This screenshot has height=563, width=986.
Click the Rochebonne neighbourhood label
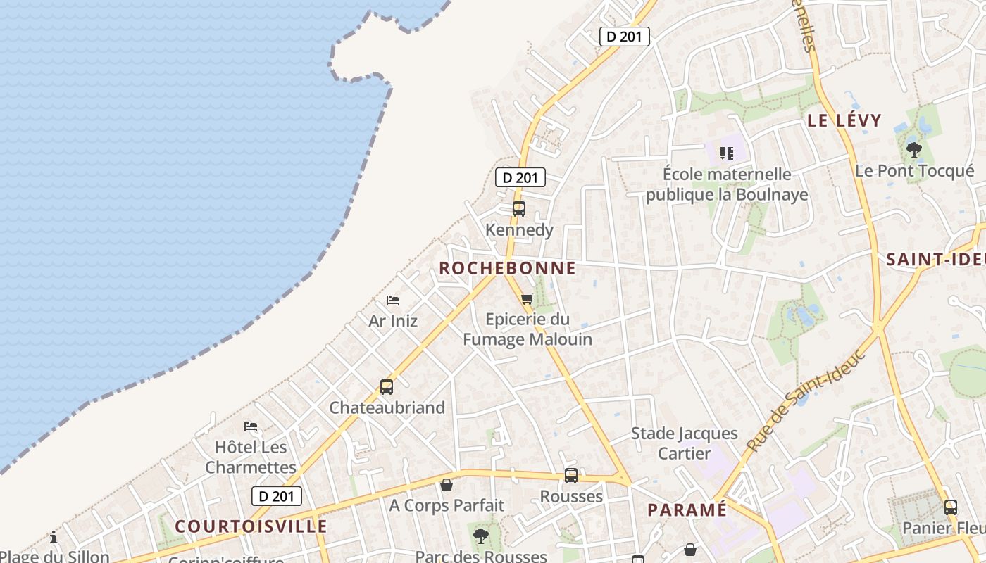click(507, 268)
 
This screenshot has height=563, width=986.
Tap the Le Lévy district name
click(844, 120)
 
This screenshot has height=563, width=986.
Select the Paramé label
click(687, 510)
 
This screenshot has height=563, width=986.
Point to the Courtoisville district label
click(251, 526)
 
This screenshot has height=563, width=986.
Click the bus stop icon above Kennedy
click(519, 209)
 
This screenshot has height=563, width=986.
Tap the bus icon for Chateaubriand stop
click(387, 387)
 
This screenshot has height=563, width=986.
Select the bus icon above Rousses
click(571, 476)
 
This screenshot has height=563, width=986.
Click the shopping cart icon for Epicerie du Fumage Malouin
click(527, 298)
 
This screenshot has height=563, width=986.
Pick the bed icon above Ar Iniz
click(393, 301)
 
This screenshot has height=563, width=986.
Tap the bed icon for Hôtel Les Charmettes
click(250, 426)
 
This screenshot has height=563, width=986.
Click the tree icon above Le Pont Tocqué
click(914, 149)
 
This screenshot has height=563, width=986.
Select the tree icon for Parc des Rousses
click(481, 536)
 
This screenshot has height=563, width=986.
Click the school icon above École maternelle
click(727, 153)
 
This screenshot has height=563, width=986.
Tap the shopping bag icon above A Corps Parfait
click(447, 485)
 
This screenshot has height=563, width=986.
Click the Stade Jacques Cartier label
click(684, 443)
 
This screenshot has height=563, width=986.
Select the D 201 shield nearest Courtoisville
click(277, 496)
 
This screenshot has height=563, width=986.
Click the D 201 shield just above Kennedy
click(520, 177)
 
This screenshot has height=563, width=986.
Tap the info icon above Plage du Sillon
click(54, 538)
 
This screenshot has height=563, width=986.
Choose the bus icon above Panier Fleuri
click(950, 507)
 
